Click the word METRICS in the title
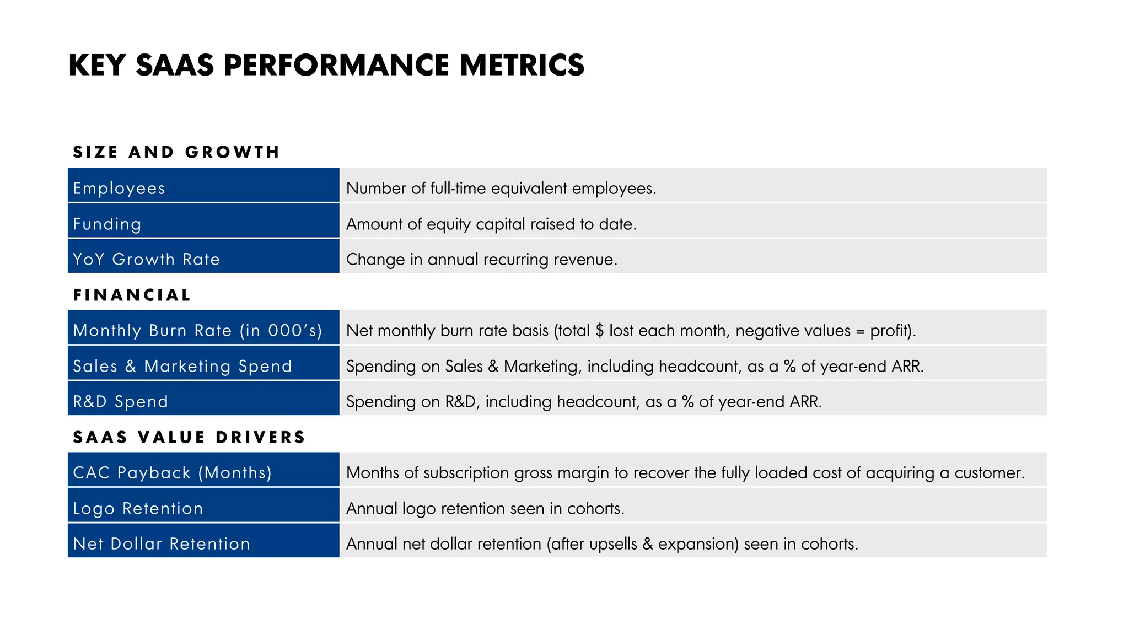pyautogui.click(x=522, y=65)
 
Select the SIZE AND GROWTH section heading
pyautogui.click(x=176, y=152)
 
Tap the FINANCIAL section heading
pyautogui.click(x=132, y=295)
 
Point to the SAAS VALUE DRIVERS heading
pyautogui.click(x=189, y=437)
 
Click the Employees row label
pyautogui.click(x=119, y=189)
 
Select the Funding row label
pyautogui.click(x=107, y=224)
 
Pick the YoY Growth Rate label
pyautogui.click(x=147, y=259)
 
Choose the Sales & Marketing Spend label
pyautogui.click(x=182, y=366)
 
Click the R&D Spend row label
pyautogui.click(x=121, y=401)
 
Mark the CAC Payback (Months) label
pyautogui.click(x=173, y=472)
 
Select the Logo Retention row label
pyautogui.click(x=138, y=508)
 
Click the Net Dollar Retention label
pyautogui.click(x=162, y=543)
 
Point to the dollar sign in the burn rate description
pyautogui.click(x=600, y=331)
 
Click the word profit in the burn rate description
pyautogui.click(x=890, y=331)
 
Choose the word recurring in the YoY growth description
pyautogui.click(x=515, y=260)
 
